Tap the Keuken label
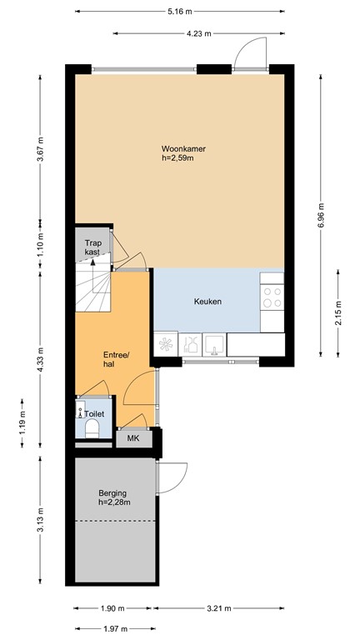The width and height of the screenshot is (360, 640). (207, 302)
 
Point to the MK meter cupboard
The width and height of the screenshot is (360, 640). (133, 437)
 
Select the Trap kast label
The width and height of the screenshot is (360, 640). (92, 247)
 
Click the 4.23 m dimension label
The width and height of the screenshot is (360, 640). (198, 33)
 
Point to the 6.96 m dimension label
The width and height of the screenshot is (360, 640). (321, 214)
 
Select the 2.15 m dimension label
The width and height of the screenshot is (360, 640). (337, 314)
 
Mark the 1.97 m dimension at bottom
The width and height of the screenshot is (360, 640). (115, 628)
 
